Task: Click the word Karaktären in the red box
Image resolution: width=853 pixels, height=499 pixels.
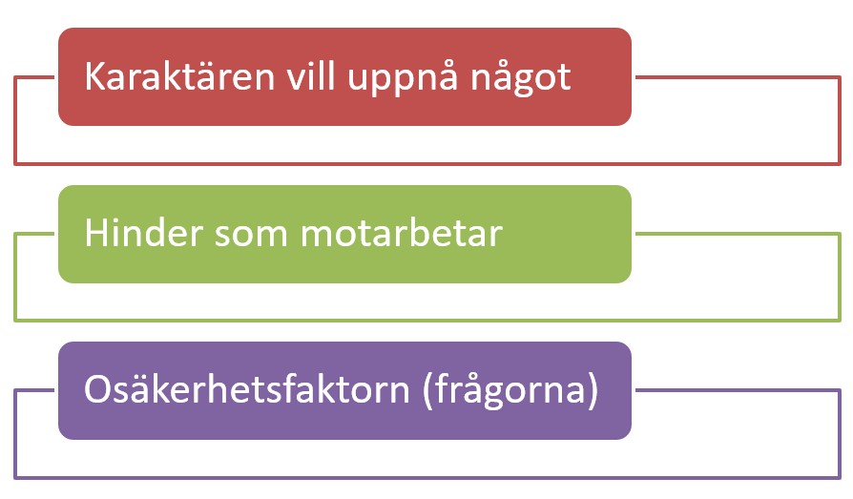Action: click(x=179, y=76)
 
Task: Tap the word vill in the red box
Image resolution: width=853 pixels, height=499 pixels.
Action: click(x=310, y=75)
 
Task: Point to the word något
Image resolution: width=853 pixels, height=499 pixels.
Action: click(x=521, y=79)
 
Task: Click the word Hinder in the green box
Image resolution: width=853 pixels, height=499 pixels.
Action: click(x=143, y=233)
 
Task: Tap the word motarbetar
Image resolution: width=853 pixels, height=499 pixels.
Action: click(x=402, y=233)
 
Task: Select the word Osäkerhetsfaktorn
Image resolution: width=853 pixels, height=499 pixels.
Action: click(x=246, y=388)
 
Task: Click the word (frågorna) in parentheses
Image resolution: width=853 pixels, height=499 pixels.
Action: click(x=510, y=391)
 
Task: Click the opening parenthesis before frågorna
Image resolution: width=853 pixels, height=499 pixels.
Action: click(x=427, y=391)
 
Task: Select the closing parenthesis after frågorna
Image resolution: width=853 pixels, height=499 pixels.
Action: click(x=593, y=391)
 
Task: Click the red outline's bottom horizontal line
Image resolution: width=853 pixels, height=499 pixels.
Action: click(x=427, y=163)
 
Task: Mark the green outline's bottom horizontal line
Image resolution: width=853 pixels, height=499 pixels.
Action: click(x=427, y=320)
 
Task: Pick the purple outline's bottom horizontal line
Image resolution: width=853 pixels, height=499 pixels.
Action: click(x=427, y=478)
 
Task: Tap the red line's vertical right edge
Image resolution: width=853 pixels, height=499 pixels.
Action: click(x=840, y=120)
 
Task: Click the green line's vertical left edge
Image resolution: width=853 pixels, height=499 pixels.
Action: click(x=16, y=277)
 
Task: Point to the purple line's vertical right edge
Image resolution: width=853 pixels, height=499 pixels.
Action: click(x=840, y=434)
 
